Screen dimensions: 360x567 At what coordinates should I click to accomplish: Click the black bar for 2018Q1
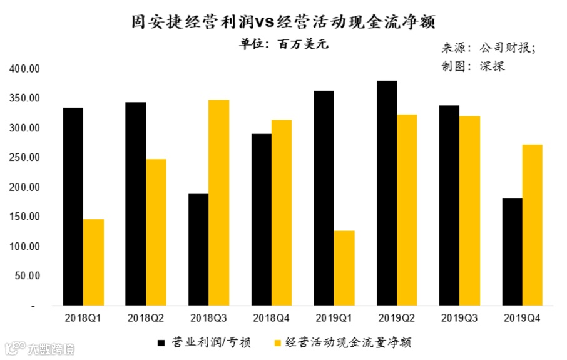point(73,207)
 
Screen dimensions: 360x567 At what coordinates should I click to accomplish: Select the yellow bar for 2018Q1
point(93,262)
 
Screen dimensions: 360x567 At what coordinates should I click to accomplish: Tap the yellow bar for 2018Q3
point(218,203)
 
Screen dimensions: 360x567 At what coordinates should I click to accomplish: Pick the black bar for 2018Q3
point(198,250)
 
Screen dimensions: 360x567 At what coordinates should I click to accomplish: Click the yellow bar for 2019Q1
point(344,269)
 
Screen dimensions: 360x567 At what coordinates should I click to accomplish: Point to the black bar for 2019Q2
point(387,193)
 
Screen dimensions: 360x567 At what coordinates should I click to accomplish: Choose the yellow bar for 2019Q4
point(532,225)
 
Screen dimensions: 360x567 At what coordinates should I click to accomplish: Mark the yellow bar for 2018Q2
point(156,232)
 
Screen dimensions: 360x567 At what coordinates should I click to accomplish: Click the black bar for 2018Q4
point(261,220)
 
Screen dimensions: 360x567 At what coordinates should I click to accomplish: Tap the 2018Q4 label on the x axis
point(271,318)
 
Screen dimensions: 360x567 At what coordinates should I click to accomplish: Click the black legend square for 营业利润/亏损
point(161,342)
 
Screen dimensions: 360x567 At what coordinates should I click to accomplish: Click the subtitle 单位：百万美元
point(283,45)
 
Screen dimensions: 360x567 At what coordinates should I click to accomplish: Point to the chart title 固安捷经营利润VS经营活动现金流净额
point(283,21)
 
